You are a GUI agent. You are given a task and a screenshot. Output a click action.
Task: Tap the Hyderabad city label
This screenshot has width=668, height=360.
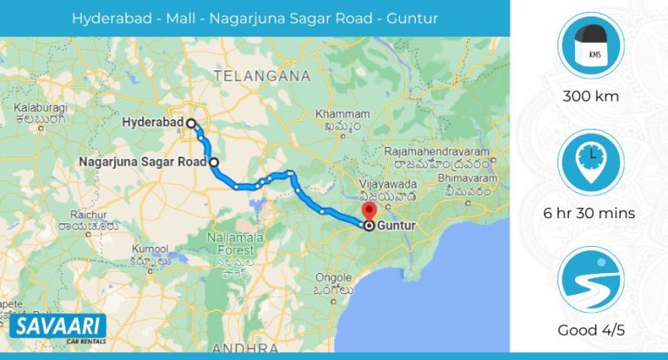point(152,123)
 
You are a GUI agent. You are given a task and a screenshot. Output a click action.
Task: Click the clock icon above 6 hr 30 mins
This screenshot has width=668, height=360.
point(589,163)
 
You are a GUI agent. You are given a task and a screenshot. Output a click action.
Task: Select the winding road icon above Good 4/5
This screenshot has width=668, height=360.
point(589,281)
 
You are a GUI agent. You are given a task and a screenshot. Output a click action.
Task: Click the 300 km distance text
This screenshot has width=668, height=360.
point(589,97)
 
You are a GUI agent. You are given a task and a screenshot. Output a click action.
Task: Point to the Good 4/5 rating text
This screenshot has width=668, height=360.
point(589,330)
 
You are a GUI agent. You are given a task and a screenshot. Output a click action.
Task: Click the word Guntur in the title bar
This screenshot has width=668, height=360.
point(412,17)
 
